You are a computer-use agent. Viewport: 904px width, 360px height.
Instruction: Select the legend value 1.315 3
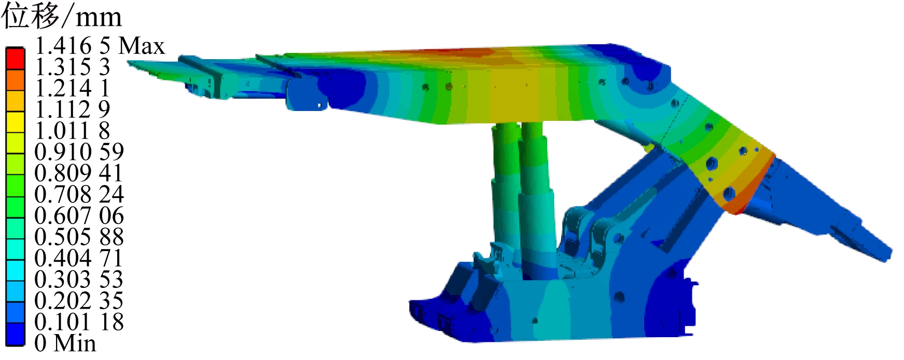(x=73, y=67)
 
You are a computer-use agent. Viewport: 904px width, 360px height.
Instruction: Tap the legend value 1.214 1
(x=73, y=89)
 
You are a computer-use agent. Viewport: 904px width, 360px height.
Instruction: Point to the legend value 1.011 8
(x=73, y=131)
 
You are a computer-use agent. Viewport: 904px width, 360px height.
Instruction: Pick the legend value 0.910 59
(x=79, y=152)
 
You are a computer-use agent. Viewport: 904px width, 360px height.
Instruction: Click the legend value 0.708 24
(x=79, y=195)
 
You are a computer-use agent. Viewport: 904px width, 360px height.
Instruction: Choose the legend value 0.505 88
(x=79, y=237)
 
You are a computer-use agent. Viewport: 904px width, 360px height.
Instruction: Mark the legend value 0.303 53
(x=79, y=280)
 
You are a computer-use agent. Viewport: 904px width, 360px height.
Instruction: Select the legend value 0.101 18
(x=79, y=322)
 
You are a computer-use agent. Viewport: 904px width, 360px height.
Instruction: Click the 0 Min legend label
(x=65, y=343)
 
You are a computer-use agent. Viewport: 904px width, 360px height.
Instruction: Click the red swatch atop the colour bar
(x=15, y=58)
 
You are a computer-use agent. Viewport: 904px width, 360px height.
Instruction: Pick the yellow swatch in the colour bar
(x=15, y=122)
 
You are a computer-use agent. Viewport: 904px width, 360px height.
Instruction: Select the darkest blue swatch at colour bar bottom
(x=15, y=335)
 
